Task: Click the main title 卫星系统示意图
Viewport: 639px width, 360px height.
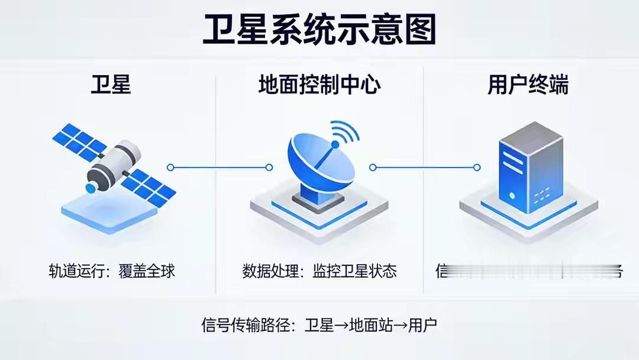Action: tap(319, 31)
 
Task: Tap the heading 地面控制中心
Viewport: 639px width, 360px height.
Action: tap(319, 85)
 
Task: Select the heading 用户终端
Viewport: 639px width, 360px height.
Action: tap(528, 85)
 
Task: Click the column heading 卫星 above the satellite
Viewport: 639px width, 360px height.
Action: tap(111, 85)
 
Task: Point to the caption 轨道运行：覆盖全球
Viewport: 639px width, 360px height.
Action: tap(112, 271)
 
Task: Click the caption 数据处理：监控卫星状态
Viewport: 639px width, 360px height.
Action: tap(319, 271)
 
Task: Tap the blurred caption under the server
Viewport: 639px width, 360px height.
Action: tap(529, 271)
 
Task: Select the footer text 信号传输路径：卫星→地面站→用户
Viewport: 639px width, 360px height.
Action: tap(319, 325)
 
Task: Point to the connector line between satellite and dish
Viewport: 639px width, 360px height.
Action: tap(220, 168)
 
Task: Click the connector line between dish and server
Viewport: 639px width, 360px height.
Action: tap(425, 168)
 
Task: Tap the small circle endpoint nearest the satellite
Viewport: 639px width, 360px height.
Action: tap(170, 168)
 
